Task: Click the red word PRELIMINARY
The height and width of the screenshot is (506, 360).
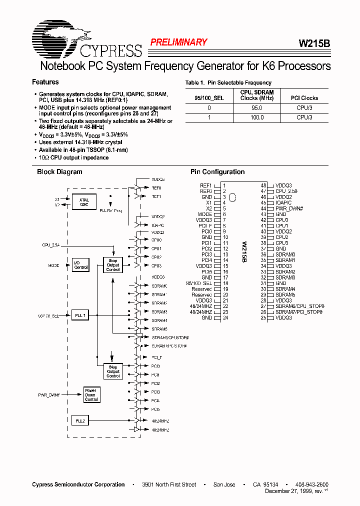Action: pyautogui.click(x=178, y=42)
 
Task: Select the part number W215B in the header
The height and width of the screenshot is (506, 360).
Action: pyautogui.click(x=314, y=43)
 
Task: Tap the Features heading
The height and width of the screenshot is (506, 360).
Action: pyautogui.click(x=45, y=82)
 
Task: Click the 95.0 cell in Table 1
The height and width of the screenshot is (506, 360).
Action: pyautogui.click(x=256, y=108)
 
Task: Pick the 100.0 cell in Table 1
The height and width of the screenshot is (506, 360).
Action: pyautogui.click(x=256, y=117)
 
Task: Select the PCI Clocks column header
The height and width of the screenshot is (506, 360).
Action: pyautogui.click(x=304, y=98)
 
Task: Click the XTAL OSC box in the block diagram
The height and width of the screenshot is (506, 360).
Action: pyautogui.click(x=84, y=202)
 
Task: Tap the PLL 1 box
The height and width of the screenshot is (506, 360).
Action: pyautogui.click(x=81, y=315)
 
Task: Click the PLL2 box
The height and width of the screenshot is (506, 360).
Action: pyautogui.click(x=81, y=421)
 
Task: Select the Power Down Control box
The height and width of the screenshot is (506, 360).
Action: pyautogui.click(x=91, y=395)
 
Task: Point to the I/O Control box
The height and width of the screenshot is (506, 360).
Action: pyautogui.click(x=81, y=265)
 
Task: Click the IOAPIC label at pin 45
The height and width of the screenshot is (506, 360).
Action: pyautogui.click(x=283, y=203)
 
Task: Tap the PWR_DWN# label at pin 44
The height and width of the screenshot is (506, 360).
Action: pyautogui.click(x=289, y=208)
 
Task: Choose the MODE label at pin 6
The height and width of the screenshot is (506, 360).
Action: pyautogui.click(x=205, y=214)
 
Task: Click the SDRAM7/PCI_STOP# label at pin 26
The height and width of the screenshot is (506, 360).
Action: pyautogui.click(x=299, y=312)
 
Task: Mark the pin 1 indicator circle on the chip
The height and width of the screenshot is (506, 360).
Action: pyautogui.click(x=232, y=197)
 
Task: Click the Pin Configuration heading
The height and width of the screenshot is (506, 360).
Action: pyautogui.click(x=217, y=172)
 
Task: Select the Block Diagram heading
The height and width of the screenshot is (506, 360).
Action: pyautogui.click(x=59, y=172)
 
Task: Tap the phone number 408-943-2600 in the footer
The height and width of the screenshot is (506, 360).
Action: pyautogui.click(x=312, y=484)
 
